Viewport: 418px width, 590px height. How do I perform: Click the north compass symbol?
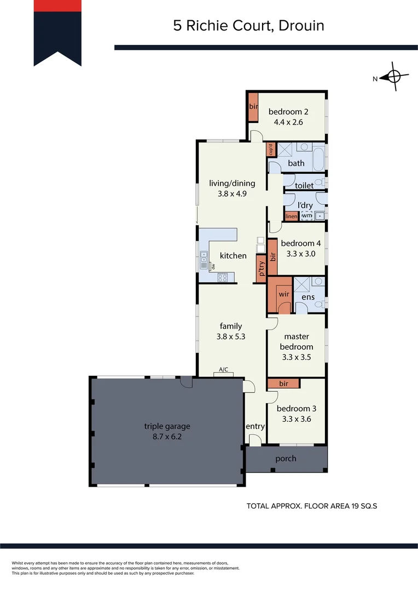click(395, 77)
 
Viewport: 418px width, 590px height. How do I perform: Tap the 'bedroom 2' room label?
click(288, 112)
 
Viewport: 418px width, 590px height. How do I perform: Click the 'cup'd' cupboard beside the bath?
click(270, 149)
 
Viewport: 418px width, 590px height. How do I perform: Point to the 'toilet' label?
click(304, 186)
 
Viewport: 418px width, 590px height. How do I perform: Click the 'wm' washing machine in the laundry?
click(306, 216)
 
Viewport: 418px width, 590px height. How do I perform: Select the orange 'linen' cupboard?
click(291, 216)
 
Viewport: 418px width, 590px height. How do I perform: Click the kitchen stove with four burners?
click(223, 277)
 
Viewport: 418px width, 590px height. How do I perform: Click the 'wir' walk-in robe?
click(284, 294)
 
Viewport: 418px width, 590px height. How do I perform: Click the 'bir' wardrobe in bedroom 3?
click(283, 384)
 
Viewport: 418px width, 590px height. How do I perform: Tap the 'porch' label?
click(286, 458)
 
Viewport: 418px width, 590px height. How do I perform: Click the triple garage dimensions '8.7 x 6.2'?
click(167, 438)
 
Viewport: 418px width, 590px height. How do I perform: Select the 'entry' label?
click(256, 427)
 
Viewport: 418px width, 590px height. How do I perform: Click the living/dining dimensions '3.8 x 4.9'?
click(232, 193)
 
